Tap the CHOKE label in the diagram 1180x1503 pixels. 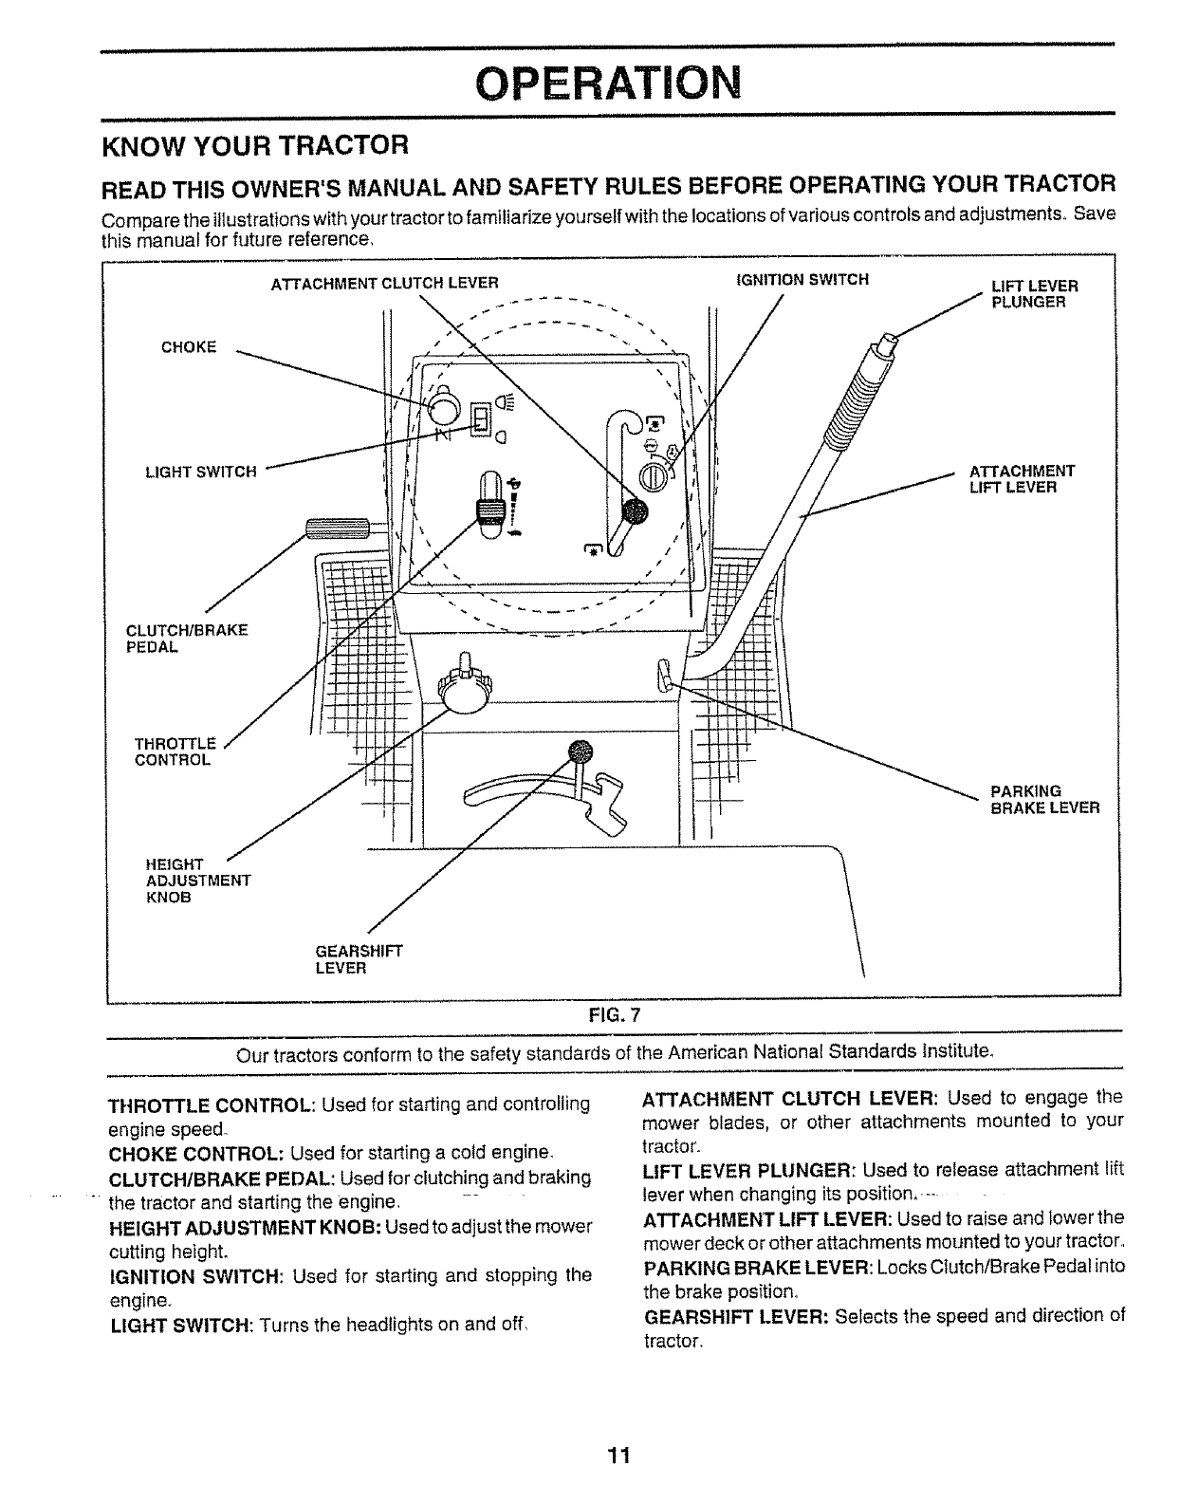[x=189, y=347]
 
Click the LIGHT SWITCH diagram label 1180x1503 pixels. [x=200, y=472]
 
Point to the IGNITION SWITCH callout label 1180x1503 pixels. [x=802, y=280]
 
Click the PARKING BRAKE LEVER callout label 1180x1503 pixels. [x=1044, y=800]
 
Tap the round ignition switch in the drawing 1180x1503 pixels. [x=655, y=477]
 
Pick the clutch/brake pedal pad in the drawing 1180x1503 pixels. [x=336, y=528]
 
